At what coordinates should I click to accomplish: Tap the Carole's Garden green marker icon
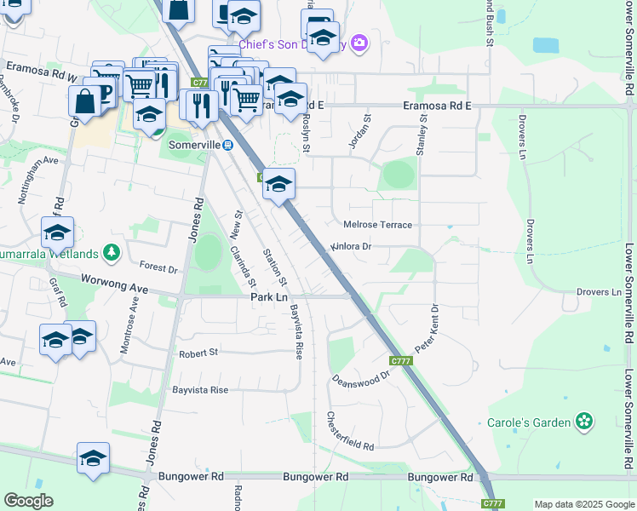pos(584,422)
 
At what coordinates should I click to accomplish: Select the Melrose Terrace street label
pos(377,225)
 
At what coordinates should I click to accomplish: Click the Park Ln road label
pos(269,297)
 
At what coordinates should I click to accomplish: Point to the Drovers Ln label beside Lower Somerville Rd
pos(599,292)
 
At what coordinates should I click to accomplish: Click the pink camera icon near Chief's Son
pos(359,43)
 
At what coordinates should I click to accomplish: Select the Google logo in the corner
pos(29,501)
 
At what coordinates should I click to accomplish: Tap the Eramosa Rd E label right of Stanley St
pos(437,106)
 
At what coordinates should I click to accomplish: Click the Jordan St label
pos(360,133)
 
